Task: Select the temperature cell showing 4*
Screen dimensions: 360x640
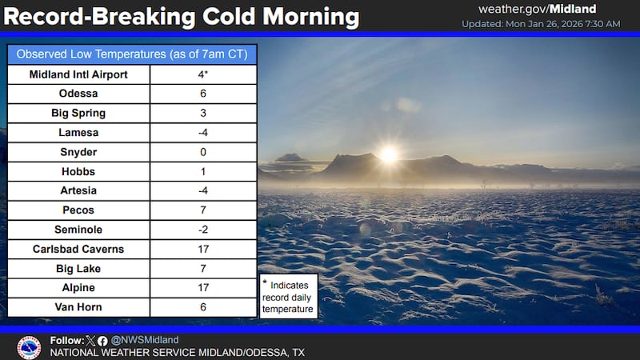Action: click(x=203, y=74)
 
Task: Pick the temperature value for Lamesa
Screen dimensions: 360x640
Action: click(x=203, y=133)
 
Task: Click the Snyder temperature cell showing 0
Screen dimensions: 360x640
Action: click(x=203, y=152)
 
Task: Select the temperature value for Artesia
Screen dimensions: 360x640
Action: click(x=203, y=190)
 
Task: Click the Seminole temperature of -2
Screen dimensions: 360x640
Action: click(x=203, y=230)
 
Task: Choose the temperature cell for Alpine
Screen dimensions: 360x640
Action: click(x=203, y=287)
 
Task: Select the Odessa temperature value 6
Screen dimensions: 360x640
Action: click(x=203, y=94)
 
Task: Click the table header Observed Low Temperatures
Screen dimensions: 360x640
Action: click(x=132, y=54)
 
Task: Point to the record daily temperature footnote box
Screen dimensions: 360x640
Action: click(x=288, y=296)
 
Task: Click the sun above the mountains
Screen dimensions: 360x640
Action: click(x=389, y=155)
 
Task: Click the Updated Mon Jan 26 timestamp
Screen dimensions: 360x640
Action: click(x=540, y=24)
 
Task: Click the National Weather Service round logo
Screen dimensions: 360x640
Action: click(x=29, y=346)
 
